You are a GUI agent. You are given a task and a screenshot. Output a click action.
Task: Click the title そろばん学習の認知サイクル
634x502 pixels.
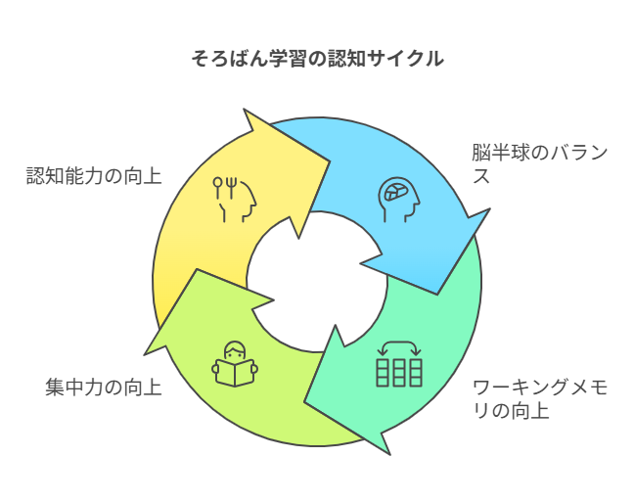317,59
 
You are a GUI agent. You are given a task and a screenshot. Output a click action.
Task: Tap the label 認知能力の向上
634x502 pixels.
94,176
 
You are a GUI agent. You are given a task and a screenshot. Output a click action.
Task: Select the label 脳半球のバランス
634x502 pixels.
539,165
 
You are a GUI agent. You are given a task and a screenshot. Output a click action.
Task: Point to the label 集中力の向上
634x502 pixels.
104,387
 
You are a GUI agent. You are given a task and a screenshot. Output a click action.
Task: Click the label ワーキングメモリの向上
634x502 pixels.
539,398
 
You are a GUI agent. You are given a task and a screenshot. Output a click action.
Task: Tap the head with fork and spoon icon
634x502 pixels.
235,198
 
